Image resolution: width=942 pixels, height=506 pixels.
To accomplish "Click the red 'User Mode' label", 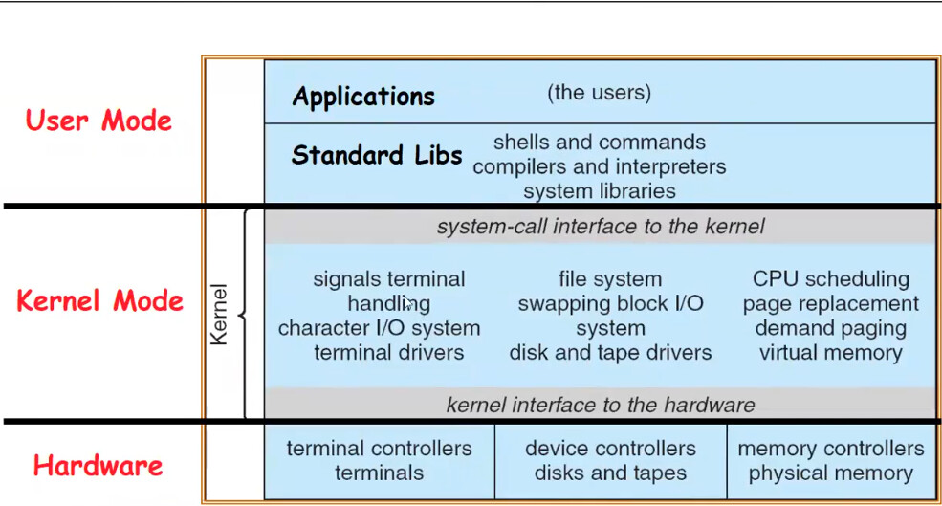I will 99,121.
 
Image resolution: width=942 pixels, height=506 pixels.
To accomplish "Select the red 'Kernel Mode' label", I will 99,301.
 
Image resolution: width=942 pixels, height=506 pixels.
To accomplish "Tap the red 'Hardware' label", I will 98,466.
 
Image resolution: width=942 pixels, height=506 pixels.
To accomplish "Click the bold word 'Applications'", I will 363,97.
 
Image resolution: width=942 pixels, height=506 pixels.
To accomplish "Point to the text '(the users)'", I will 599,93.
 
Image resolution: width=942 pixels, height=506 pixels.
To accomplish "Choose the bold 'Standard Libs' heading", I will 377,155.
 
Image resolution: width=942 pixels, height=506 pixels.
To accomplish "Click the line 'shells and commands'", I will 600,143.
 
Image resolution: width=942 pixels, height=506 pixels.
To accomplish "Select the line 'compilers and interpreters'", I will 600,166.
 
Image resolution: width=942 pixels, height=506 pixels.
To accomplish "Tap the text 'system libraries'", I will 600,191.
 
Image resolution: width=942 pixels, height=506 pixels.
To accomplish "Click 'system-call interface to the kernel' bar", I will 600,227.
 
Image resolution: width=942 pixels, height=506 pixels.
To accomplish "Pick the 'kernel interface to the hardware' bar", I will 600,405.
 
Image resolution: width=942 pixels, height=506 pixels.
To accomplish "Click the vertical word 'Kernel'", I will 219,314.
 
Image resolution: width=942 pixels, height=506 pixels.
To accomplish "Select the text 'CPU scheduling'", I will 830,279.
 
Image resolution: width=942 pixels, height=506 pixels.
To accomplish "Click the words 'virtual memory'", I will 830,353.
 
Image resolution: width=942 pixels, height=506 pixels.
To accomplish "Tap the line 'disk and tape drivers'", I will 610,353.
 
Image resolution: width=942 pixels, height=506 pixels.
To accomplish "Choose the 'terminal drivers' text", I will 388,353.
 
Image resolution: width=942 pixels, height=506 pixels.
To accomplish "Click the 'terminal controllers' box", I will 380,461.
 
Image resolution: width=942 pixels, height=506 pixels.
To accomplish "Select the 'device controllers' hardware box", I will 610,461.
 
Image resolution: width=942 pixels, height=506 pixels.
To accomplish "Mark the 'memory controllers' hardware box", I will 830,461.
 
